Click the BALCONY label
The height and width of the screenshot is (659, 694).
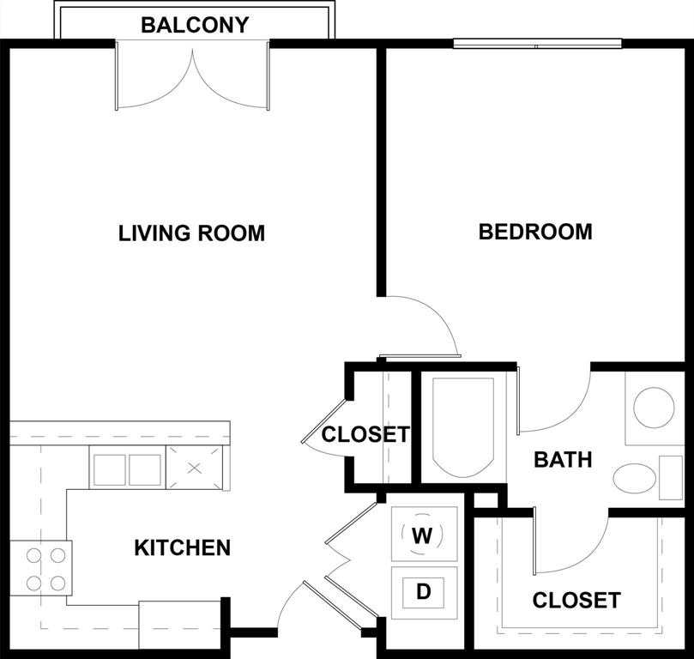tap(195, 25)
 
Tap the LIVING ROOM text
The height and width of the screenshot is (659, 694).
tap(191, 233)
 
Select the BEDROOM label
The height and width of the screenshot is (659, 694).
tap(535, 232)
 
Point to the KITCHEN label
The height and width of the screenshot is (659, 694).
tap(182, 547)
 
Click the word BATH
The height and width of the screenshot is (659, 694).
tap(563, 460)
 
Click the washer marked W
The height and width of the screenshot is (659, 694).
tap(422, 535)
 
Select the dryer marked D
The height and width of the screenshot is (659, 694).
tap(423, 591)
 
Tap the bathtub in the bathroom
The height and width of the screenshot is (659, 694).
tap(462, 426)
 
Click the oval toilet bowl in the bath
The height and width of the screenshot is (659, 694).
tap(634, 479)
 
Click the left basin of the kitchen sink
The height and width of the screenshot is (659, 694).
tap(109, 469)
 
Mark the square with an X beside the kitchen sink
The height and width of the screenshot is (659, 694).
tap(194, 468)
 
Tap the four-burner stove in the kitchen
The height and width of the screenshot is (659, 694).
tap(46, 568)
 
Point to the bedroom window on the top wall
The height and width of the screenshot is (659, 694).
tap(537, 43)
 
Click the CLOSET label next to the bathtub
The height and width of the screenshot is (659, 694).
tap(365, 435)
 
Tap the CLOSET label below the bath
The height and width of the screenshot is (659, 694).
tap(576, 601)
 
